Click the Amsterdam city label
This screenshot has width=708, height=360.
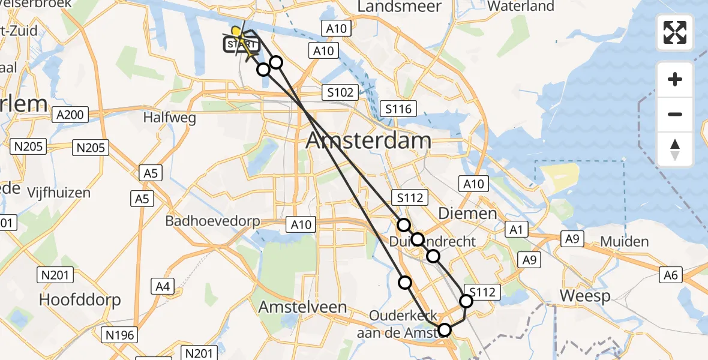(368, 141)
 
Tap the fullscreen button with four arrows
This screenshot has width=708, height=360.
(675, 32)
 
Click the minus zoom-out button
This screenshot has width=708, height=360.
(675, 114)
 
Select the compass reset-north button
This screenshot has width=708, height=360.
(675, 149)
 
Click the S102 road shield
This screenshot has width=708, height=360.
(340, 92)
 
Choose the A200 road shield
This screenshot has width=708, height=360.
(70, 114)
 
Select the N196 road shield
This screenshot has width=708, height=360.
(122, 335)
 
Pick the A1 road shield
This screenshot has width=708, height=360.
(517, 229)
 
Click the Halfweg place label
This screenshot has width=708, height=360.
(169, 118)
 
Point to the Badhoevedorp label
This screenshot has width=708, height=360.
(213, 221)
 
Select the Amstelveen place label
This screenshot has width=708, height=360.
(302, 307)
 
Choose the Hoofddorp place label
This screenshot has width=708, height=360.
(80, 299)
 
